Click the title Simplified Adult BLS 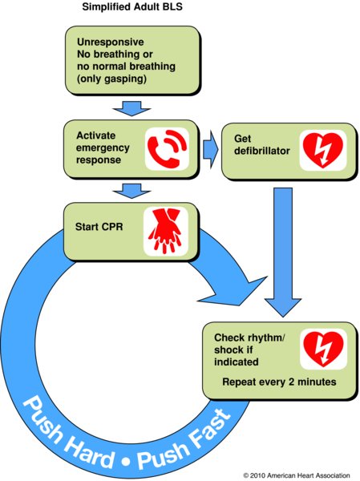(132, 6)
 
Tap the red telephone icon (167, 148)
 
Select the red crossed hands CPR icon (166, 231)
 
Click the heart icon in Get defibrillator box (323, 150)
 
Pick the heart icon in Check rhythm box (323, 349)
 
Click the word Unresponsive (111, 42)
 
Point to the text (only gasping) (111, 79)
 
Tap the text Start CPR (99, 227)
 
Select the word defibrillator (262, 151)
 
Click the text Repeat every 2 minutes (279, 382)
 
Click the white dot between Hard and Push (126, 461)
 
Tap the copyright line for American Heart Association (297, 475)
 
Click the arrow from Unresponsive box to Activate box (131, 108)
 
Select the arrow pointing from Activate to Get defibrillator (211, 149)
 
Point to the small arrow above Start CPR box (131, 191)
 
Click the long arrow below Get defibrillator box (283, 253)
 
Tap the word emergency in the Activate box (103, 148)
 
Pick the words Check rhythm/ (250, 338)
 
